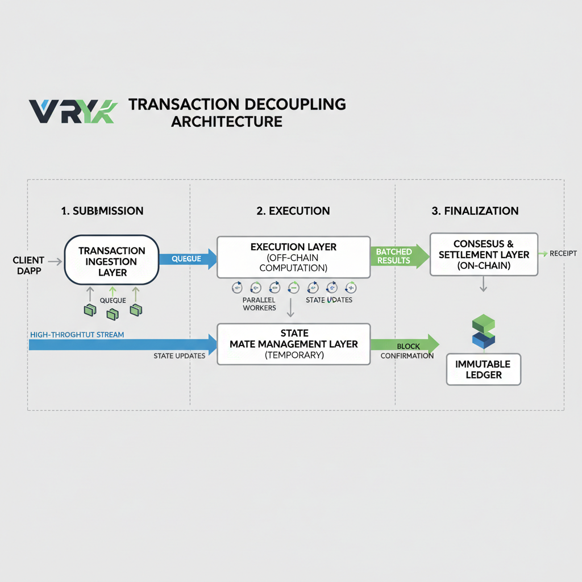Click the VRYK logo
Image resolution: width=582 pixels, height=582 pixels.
coord(73,111)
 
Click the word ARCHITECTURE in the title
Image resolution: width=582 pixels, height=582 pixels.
coord(227,122)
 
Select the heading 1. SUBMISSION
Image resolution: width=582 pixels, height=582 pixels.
coord(102,211)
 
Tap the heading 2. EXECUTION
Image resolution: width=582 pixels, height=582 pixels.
coord(293,211)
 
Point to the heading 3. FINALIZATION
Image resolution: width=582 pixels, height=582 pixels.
coord(475,211)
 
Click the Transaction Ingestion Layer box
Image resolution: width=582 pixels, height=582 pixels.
coord(111,261)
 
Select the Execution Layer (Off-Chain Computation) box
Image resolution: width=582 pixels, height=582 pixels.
coord(293,257)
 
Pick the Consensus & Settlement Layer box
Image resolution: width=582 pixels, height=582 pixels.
coord(484,254)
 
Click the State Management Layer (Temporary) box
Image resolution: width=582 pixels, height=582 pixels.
coord(294,344)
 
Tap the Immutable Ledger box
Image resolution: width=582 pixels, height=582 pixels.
coord(483,369)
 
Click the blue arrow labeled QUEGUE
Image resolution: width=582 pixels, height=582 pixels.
coord(188,259)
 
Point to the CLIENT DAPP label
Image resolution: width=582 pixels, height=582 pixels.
coord(28,266)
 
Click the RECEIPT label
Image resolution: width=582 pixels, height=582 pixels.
coord(563,253)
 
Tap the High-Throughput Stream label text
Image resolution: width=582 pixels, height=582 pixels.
coord(76,335)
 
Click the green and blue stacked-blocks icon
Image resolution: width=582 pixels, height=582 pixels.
coord(483,332)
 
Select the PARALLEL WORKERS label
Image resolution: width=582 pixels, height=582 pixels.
coord(259,304)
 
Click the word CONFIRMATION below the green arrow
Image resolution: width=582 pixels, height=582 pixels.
coord(407,356)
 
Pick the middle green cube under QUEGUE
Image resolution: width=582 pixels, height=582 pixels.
coord(112,313)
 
